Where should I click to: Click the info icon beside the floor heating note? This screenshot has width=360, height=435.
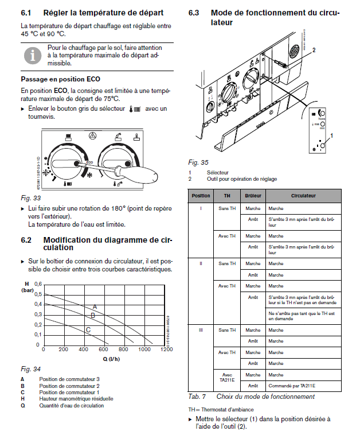(x=33, y=55)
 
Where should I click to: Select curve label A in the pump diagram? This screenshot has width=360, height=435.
(x=95, y=307)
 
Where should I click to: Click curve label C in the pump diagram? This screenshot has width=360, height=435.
(x=88, y=329)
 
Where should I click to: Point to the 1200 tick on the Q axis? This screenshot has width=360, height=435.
(x=166, y=349)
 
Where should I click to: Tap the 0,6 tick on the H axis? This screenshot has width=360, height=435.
(x=38, y=284)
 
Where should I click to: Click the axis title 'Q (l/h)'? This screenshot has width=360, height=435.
(x=112, y=358)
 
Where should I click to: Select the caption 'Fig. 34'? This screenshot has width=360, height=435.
(x=29, y=368)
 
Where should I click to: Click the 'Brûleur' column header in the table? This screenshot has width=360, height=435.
(x=253, y=196)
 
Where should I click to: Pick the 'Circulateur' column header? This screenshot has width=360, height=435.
(x=303, y=196)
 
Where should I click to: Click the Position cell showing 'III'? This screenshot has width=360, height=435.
(x=201, y=330)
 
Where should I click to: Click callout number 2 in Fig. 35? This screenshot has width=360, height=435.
(x=314, y=50)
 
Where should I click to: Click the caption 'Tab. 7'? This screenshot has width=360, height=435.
(x=197, y=397)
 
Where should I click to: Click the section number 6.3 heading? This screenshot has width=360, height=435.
(x=194, y=13)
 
